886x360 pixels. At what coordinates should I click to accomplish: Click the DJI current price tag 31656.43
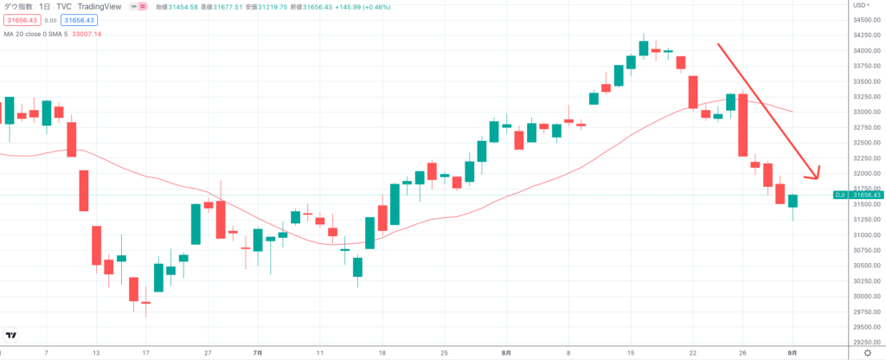point(865,195)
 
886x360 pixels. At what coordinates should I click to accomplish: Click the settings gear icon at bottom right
point(867,353)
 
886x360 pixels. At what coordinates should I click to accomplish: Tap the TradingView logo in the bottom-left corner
point(11,335)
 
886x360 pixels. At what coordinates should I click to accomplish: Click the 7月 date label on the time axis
point(258,353)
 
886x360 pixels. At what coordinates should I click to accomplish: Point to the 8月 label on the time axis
point(506,353)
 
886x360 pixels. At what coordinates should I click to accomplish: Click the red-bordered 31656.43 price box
point(19,19)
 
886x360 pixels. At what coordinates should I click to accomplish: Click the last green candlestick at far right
point(793,201)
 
